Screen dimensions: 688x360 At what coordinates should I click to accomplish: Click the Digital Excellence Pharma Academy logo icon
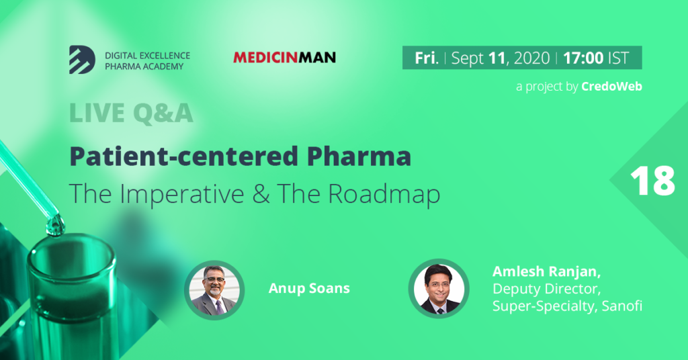click(82, 60)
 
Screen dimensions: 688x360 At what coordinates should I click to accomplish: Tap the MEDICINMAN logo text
click(284, 58)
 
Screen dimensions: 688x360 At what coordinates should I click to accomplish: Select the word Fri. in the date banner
click(427, 58)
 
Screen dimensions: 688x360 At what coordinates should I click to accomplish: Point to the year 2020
click(532, 58)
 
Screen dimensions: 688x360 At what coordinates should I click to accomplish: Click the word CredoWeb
click(611, 87)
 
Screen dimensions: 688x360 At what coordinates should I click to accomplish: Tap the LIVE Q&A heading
click(131, 113)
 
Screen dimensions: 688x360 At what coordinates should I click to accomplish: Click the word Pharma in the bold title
click(359, 156)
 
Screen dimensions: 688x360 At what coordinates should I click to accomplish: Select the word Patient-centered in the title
click(184, 156)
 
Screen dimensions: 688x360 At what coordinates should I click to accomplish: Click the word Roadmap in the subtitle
click(384, 194)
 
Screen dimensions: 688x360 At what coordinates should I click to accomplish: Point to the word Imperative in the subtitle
click(181, 194)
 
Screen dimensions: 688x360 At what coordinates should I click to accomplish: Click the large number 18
click(652, 181)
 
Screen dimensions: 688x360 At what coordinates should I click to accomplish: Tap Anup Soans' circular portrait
click(214, 290)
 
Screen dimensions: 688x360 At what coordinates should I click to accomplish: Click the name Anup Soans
click(309, 288)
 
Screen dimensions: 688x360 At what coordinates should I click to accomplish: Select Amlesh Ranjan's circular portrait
click(439, 289)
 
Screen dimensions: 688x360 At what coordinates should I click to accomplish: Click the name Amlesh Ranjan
click(546, 271)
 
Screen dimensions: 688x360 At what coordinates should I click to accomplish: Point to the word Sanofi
click(621, 306)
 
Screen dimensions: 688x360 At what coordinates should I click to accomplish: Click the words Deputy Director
click(546, 289)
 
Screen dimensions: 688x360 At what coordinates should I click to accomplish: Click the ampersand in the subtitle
click(261, 194)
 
